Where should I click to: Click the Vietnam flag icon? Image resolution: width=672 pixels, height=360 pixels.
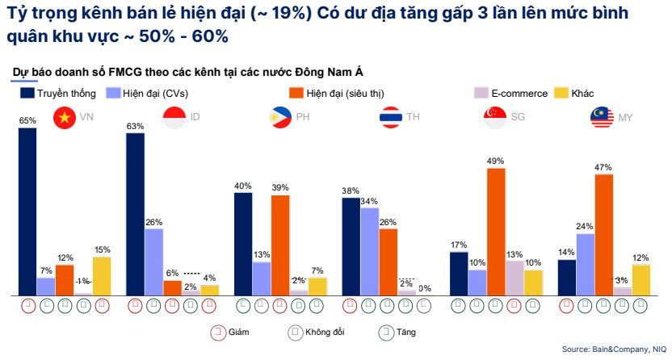pos(64,118)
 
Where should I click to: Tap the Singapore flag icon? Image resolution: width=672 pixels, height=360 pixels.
pos(493,118)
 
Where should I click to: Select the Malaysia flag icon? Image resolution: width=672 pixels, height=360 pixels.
pos(601,118)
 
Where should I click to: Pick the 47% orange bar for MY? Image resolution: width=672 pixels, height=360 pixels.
pos(603,235)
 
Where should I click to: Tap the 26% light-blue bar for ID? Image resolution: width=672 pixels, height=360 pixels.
pos(153,262)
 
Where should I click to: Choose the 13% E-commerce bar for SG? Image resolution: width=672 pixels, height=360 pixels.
pos(514,278)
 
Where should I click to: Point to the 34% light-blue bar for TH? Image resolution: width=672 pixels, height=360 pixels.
pos(369,251)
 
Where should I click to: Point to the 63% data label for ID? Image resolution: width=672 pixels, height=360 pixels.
pos(135,126)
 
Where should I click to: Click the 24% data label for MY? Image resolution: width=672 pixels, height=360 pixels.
pos(585,227)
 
